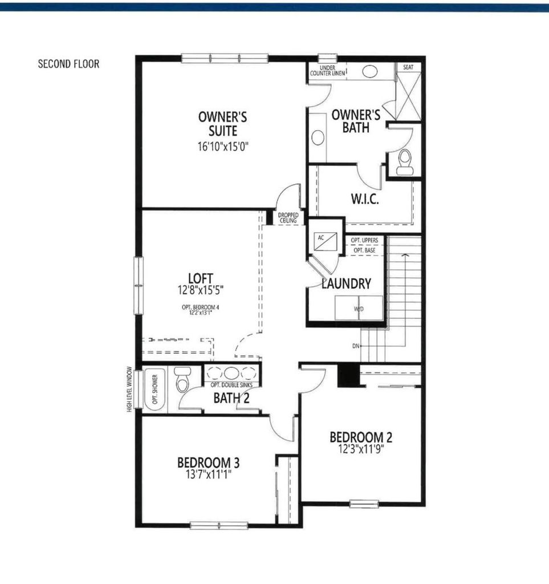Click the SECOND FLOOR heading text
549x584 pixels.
click(68, 64)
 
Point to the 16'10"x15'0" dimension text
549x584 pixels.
click(222, 146)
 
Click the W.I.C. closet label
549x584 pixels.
click(365, 200)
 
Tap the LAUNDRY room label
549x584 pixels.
click(347, 283)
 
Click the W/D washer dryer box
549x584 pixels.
click(359, 309)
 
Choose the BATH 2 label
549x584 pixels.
click(231, 398)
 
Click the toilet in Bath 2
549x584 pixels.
click(182, 380)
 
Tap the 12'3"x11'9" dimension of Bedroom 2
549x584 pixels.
click(361, 449)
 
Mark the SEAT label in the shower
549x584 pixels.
click(408, 67)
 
